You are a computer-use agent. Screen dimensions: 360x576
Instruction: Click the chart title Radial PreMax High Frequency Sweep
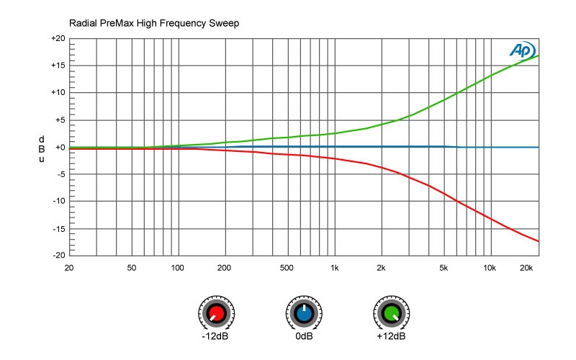[x=153, y=23]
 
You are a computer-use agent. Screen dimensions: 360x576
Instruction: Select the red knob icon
[x=214, y=314]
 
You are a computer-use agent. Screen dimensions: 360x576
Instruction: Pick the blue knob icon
[x=304, y=314]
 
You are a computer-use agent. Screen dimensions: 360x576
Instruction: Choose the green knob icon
[x=391, y=314]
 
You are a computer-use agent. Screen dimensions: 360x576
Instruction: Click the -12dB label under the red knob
[x=215, y=336]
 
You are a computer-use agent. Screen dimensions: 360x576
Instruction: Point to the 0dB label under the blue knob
[x=304, y=336]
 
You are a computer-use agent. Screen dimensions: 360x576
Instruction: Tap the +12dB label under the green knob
[x=391, y=336]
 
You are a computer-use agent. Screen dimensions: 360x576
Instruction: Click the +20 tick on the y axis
[x=58, y=38]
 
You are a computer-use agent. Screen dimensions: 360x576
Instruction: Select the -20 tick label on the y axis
[x=59, y=256]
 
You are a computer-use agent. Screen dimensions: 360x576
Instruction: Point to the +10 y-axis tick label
[x=58, y=93]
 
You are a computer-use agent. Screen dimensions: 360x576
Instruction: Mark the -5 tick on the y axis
[x=60, y=174]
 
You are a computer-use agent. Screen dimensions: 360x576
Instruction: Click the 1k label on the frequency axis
[x=334, y=268]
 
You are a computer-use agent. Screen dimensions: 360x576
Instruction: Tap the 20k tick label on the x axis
[x=526, y=268]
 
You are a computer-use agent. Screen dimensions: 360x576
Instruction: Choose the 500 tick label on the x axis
[x=287, y=268]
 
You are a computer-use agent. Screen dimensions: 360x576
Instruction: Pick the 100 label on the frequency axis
[x=177, y=268]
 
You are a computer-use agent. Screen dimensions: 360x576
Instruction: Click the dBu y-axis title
[x=41, y=148]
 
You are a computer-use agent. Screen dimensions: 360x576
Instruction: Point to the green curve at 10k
[x=490, y=76]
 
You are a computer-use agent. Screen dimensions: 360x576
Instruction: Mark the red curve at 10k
[x=490, y=217]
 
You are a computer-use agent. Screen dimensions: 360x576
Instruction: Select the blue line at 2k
[x=381, y=147]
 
